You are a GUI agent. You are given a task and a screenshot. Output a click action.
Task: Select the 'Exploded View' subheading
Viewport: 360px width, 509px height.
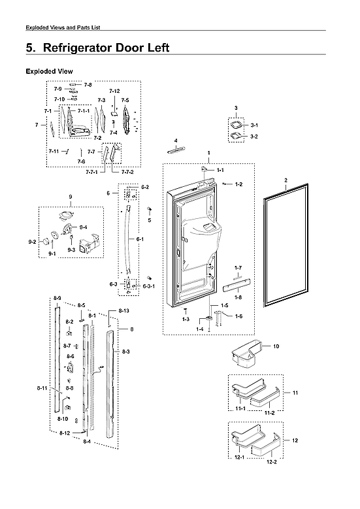(49, 71)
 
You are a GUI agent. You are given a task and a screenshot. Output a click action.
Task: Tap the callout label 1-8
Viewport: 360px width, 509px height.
(238, 297)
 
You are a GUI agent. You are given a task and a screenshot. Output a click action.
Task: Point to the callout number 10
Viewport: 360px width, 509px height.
(276, 346)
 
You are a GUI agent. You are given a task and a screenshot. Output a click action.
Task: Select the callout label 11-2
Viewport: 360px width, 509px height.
(269, 413)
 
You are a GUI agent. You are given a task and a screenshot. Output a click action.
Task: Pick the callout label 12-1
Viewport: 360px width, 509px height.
(239, 457)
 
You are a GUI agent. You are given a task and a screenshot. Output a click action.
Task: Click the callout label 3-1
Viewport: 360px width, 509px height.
(255, 125)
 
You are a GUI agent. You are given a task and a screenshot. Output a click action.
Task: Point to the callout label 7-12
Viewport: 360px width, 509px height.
(114, 91)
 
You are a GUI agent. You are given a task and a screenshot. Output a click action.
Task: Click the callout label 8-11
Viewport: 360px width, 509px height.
(42, 389)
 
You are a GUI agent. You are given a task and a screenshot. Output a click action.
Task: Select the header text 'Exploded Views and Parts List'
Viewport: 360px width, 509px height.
(62, 27)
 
